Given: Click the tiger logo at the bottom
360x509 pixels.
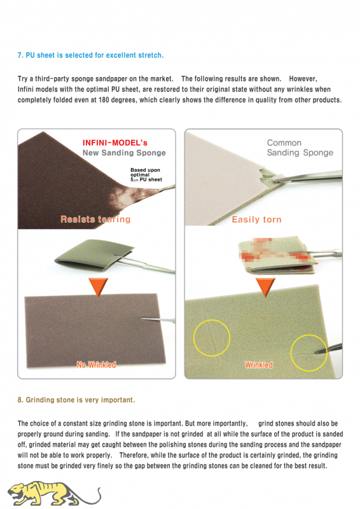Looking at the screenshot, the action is [53, 494].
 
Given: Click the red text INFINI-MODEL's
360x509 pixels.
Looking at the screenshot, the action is [115, 143].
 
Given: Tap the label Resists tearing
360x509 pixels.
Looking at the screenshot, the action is [95, 220].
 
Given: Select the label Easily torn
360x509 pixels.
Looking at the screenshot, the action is [256, 220].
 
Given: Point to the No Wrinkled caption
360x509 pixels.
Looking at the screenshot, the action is [97, 365].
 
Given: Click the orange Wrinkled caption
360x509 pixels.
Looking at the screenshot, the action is [259, 365].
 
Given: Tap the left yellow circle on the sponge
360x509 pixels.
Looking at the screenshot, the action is [212, 338].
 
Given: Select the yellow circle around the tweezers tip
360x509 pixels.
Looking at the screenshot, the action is [308, 353].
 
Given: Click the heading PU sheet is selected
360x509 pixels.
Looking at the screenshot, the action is [90, 55].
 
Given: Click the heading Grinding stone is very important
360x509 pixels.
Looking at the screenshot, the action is [76, 400].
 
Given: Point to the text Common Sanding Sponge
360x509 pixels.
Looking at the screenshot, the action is [300, 148].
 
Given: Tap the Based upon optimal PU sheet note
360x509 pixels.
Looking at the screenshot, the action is [146, 174].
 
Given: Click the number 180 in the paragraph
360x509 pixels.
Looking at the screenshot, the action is [104, 100].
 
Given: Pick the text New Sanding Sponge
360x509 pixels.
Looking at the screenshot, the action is [124, 153].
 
